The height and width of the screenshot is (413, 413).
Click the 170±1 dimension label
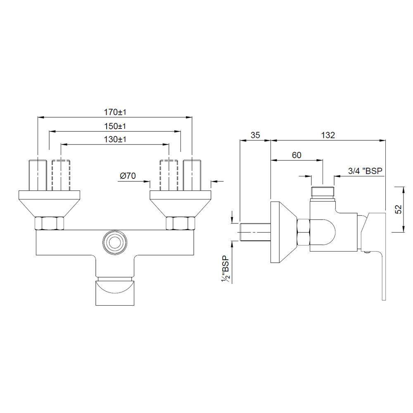click(115, 112)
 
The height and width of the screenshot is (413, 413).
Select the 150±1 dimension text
click(115, 126)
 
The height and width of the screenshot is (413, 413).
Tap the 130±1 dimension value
click(115, 140)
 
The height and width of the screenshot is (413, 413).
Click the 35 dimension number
click(254, 135)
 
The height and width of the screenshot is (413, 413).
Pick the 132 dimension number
click(328, 135)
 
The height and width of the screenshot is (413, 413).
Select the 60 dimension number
click(296, 155)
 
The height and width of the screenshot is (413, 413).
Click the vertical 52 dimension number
click(398, 209)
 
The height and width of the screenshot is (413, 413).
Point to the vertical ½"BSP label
click(225, 269)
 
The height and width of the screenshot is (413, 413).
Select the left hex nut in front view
click(49, 223)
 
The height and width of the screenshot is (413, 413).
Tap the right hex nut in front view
click(180, 223)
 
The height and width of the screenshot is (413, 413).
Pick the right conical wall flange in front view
click(180, 203)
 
